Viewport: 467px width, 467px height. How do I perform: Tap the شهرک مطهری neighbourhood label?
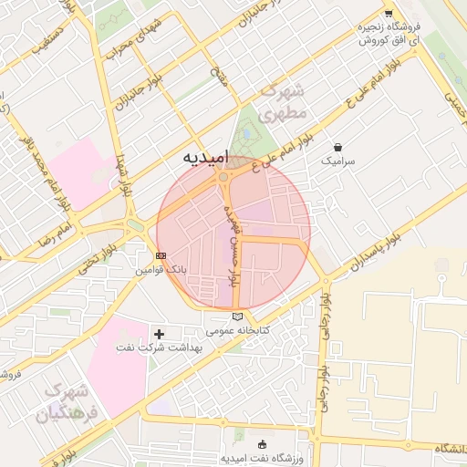pyautogui.click(x=285, y=102)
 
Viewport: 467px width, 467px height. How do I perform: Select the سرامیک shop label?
pyautogui.click(x=338, y=161)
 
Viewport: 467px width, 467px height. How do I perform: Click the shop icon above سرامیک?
pyautogui.click(x=338, y=147)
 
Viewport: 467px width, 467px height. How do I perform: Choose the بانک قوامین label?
pyautogui.click(x=161, y=271)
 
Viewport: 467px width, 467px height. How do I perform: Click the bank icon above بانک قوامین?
pyautogui.click(x=161, y=256)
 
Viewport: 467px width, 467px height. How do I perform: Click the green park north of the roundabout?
pyautogui.click(x=245, y=134)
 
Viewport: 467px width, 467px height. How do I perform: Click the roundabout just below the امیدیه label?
pyautogui.click(x=223, y=177)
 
